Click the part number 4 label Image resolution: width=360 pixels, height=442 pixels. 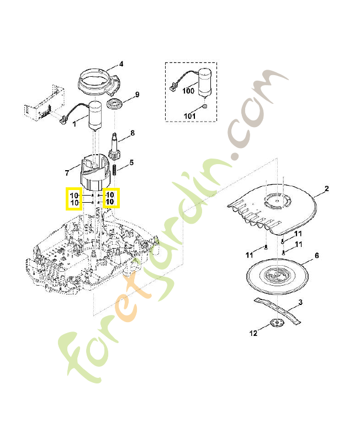point(121,64)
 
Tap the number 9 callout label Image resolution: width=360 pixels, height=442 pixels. point(137,94)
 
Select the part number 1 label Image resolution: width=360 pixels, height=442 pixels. point(75,124)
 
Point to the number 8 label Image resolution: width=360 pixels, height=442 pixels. point(133,134)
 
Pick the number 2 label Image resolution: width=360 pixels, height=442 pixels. point(326,189)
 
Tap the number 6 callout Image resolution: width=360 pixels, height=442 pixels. point(317,256)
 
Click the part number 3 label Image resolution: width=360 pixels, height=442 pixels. point(300,302)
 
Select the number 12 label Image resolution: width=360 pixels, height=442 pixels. point(253,333)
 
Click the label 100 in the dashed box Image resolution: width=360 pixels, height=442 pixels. point(188,91)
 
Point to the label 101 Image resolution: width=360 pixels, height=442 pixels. point(190,116)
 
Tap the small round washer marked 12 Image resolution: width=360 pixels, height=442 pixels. point(274,324)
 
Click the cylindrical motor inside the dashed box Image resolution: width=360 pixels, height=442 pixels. point(205,82)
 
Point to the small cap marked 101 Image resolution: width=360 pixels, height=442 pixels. point(205,107)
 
